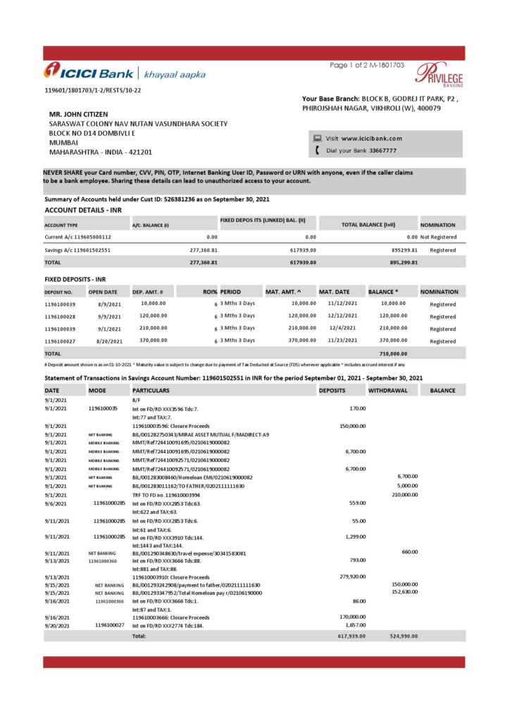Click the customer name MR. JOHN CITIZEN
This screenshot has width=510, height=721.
[x=79, y=114]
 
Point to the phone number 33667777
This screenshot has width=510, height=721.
[x=382, y=151]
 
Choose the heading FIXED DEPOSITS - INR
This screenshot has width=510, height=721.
[x=75, y=280]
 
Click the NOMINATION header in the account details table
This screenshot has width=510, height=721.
[x=438, y=225]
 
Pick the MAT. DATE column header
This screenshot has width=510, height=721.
[x=336, y=291]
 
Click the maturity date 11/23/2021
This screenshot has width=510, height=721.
[x=344, y=341]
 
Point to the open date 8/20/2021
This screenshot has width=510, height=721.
[x=110, y=341]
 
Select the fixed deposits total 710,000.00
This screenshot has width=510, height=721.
[x=392, y=353]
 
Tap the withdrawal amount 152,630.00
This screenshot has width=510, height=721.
[x=404, y=592]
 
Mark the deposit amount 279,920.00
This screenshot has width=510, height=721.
[x=352, y=577]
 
